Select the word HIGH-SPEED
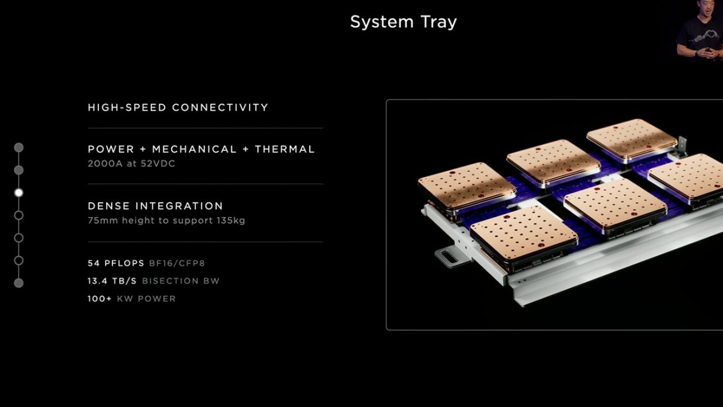[x=127, y=108]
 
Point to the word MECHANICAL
[x=194, y=149]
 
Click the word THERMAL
[x=284, y=149]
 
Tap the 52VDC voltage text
[x=158, y=163]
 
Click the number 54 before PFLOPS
[x=93, y=263]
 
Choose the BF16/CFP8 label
[x=177, y=263]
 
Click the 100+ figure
[x=99, y=299]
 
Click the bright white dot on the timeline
[x=19, y=192]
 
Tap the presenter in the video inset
[x=699, y=30]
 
